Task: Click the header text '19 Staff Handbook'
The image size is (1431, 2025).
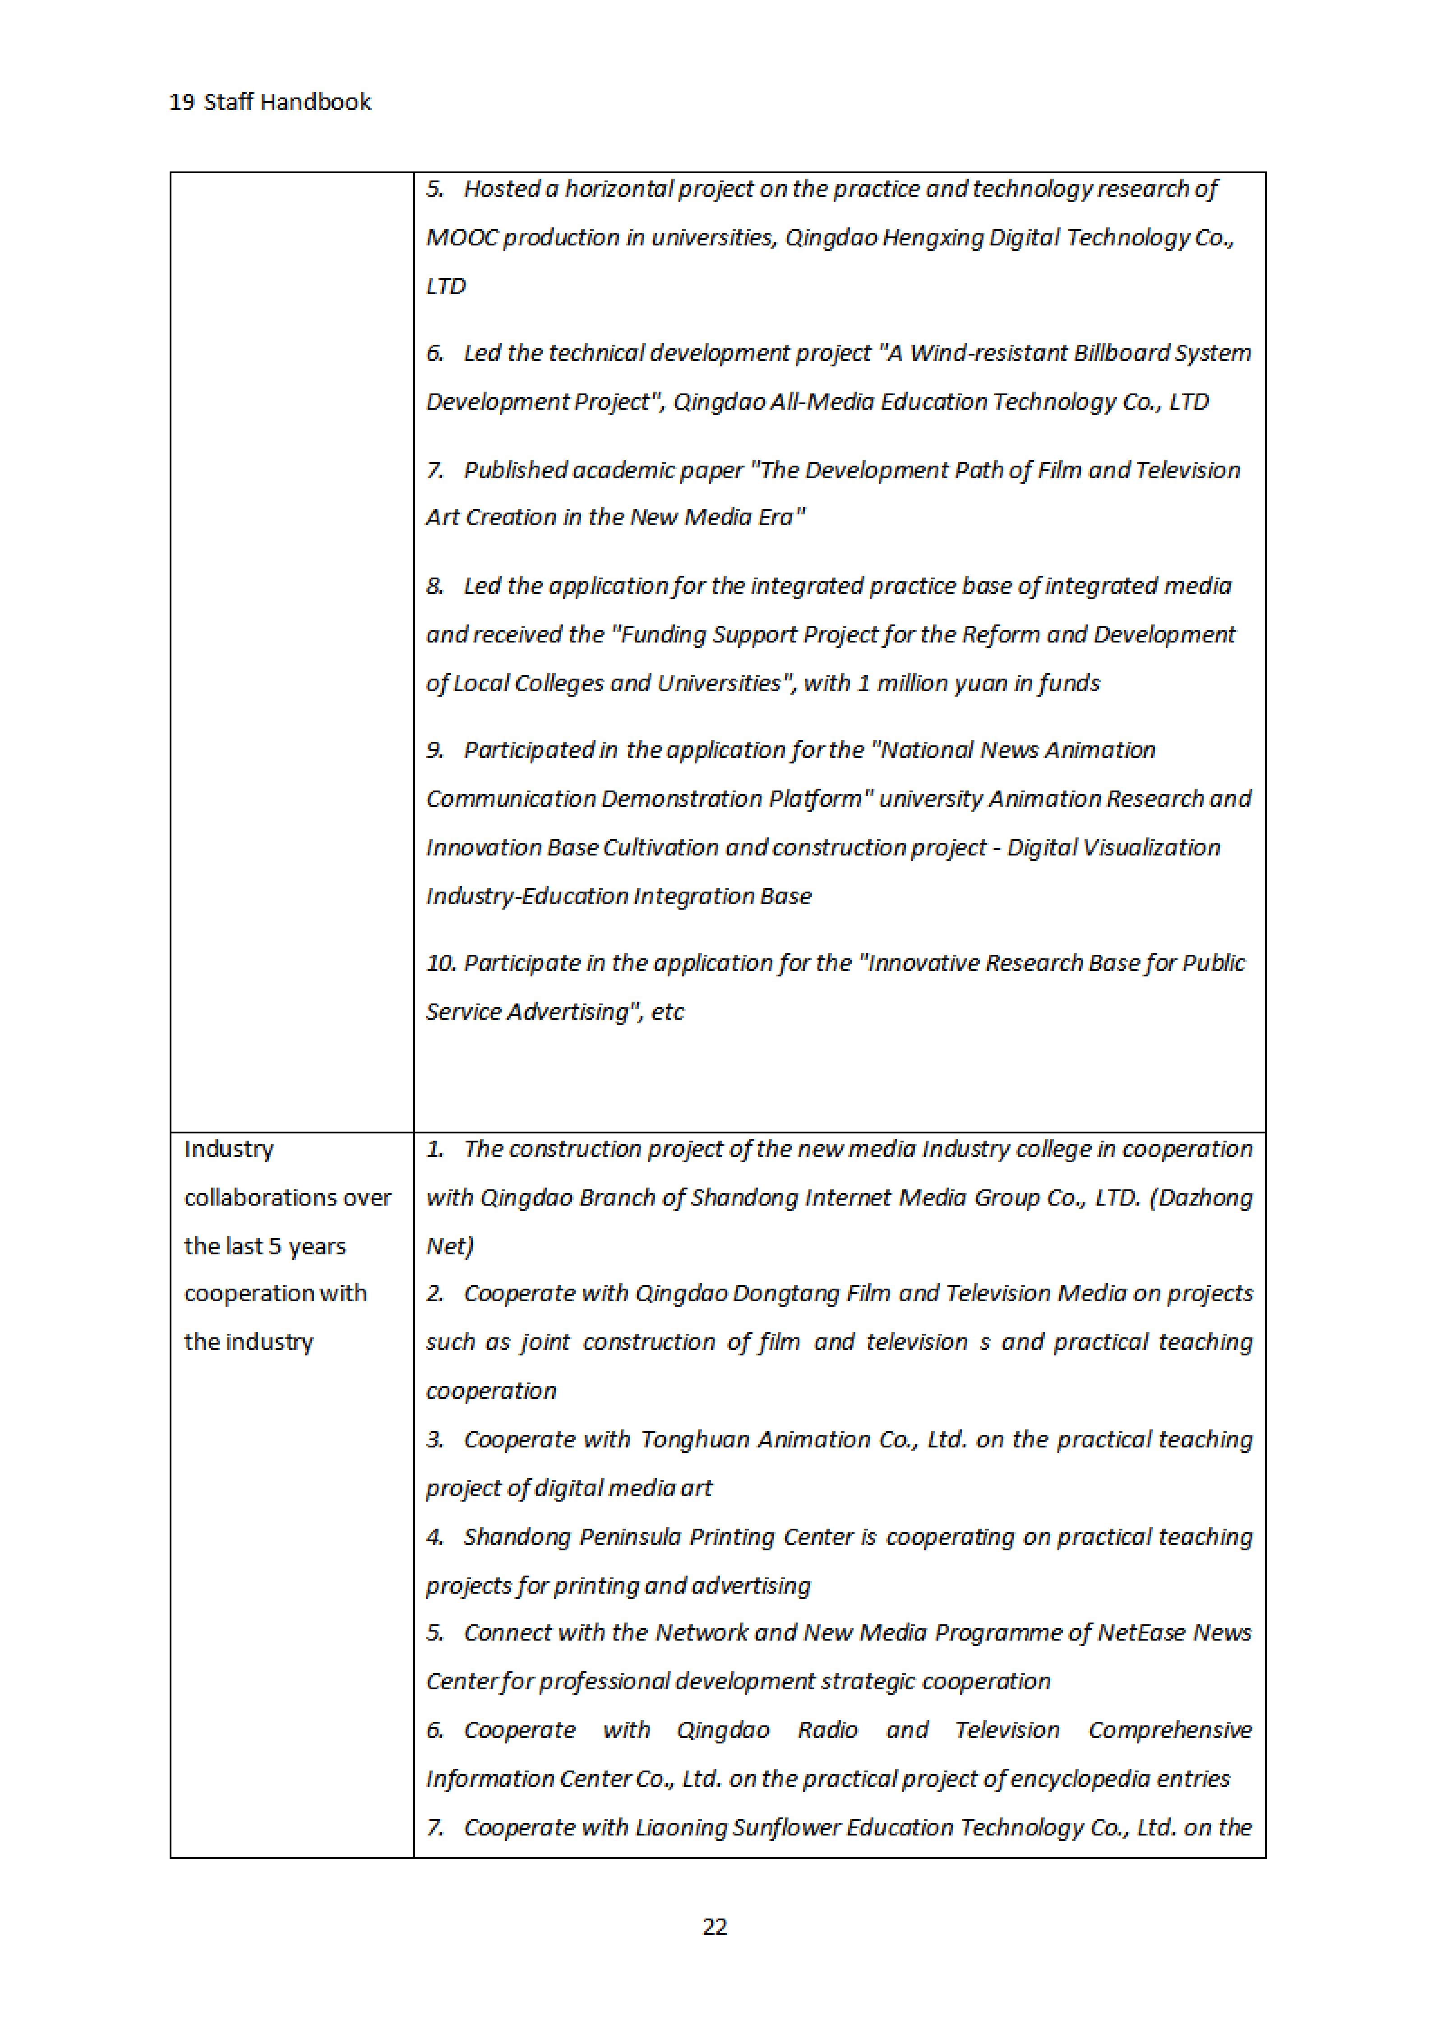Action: pos(270,102)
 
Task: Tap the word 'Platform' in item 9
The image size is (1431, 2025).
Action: pos(814,799)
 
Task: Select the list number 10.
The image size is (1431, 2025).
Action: pos(440,963)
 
